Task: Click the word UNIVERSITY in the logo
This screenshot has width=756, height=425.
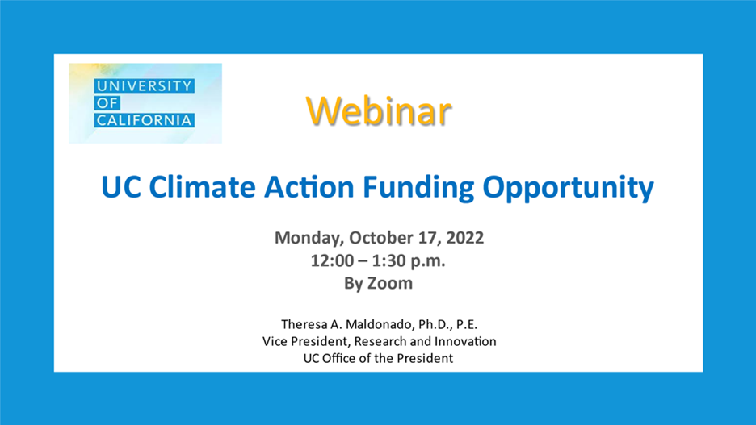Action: tap(144, 86)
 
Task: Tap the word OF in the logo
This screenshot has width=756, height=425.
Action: tap(107, 103)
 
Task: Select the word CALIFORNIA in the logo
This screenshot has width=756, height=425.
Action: tap(144, 120)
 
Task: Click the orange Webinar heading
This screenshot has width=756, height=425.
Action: tap(379, 111)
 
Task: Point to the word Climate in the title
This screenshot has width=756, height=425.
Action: tap(202, 187)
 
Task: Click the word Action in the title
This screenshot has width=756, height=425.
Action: tap(309, 187)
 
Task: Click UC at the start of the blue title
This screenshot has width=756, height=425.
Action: tap(121, 187)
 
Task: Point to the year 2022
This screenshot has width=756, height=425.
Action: tap(464, 238)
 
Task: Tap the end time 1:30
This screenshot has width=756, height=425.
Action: tap(388, 260)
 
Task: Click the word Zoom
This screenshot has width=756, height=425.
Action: tap(390, 283)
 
